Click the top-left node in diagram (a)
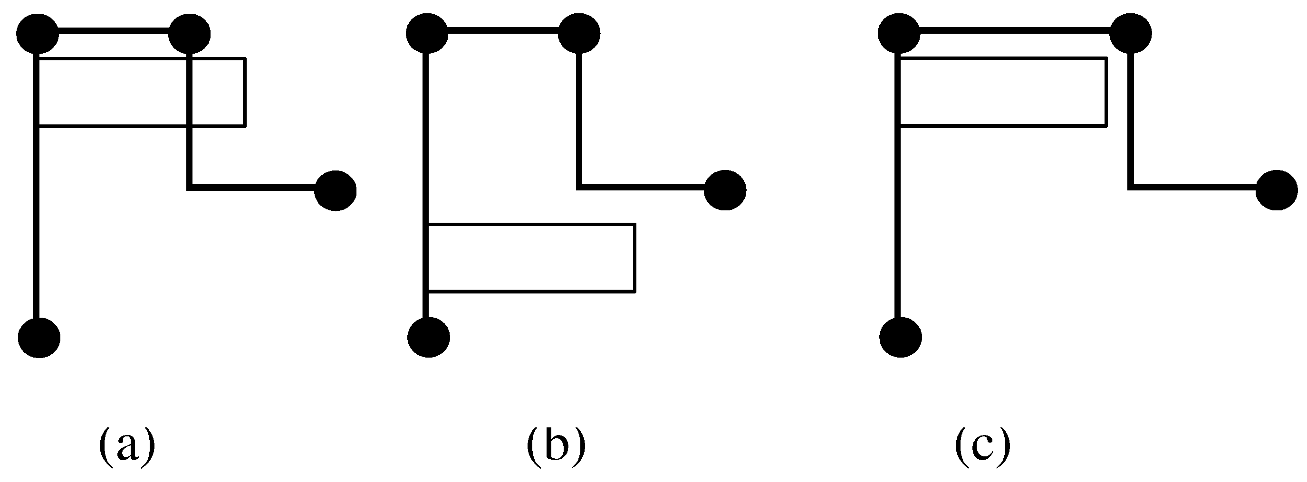coord(38,35)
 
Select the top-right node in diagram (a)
coord(189,35)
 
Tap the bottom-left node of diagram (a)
coord(39,338)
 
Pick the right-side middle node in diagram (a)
coord(336,190)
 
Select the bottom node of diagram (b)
coord(429,338)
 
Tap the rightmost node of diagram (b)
coord(725,190)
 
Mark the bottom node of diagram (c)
coord(901,338)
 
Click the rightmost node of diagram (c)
coord(1277,190)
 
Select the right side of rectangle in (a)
coord(245,92)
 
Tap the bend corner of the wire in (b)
coord(579,187)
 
